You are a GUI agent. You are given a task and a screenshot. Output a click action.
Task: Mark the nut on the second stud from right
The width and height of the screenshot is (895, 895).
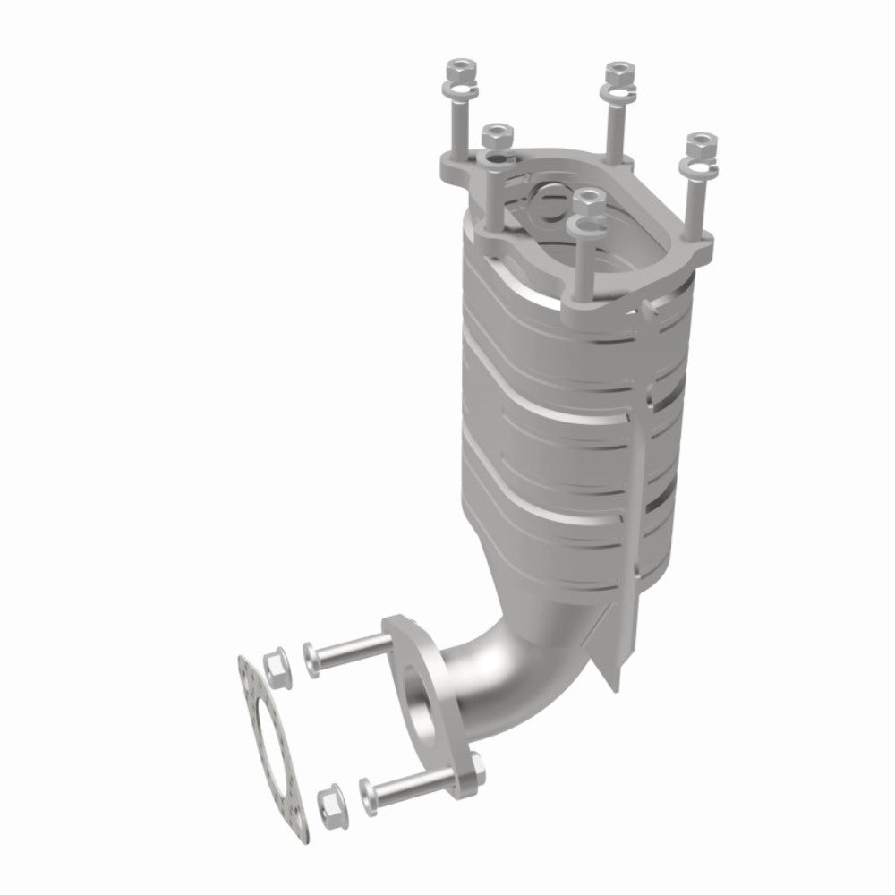616,70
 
